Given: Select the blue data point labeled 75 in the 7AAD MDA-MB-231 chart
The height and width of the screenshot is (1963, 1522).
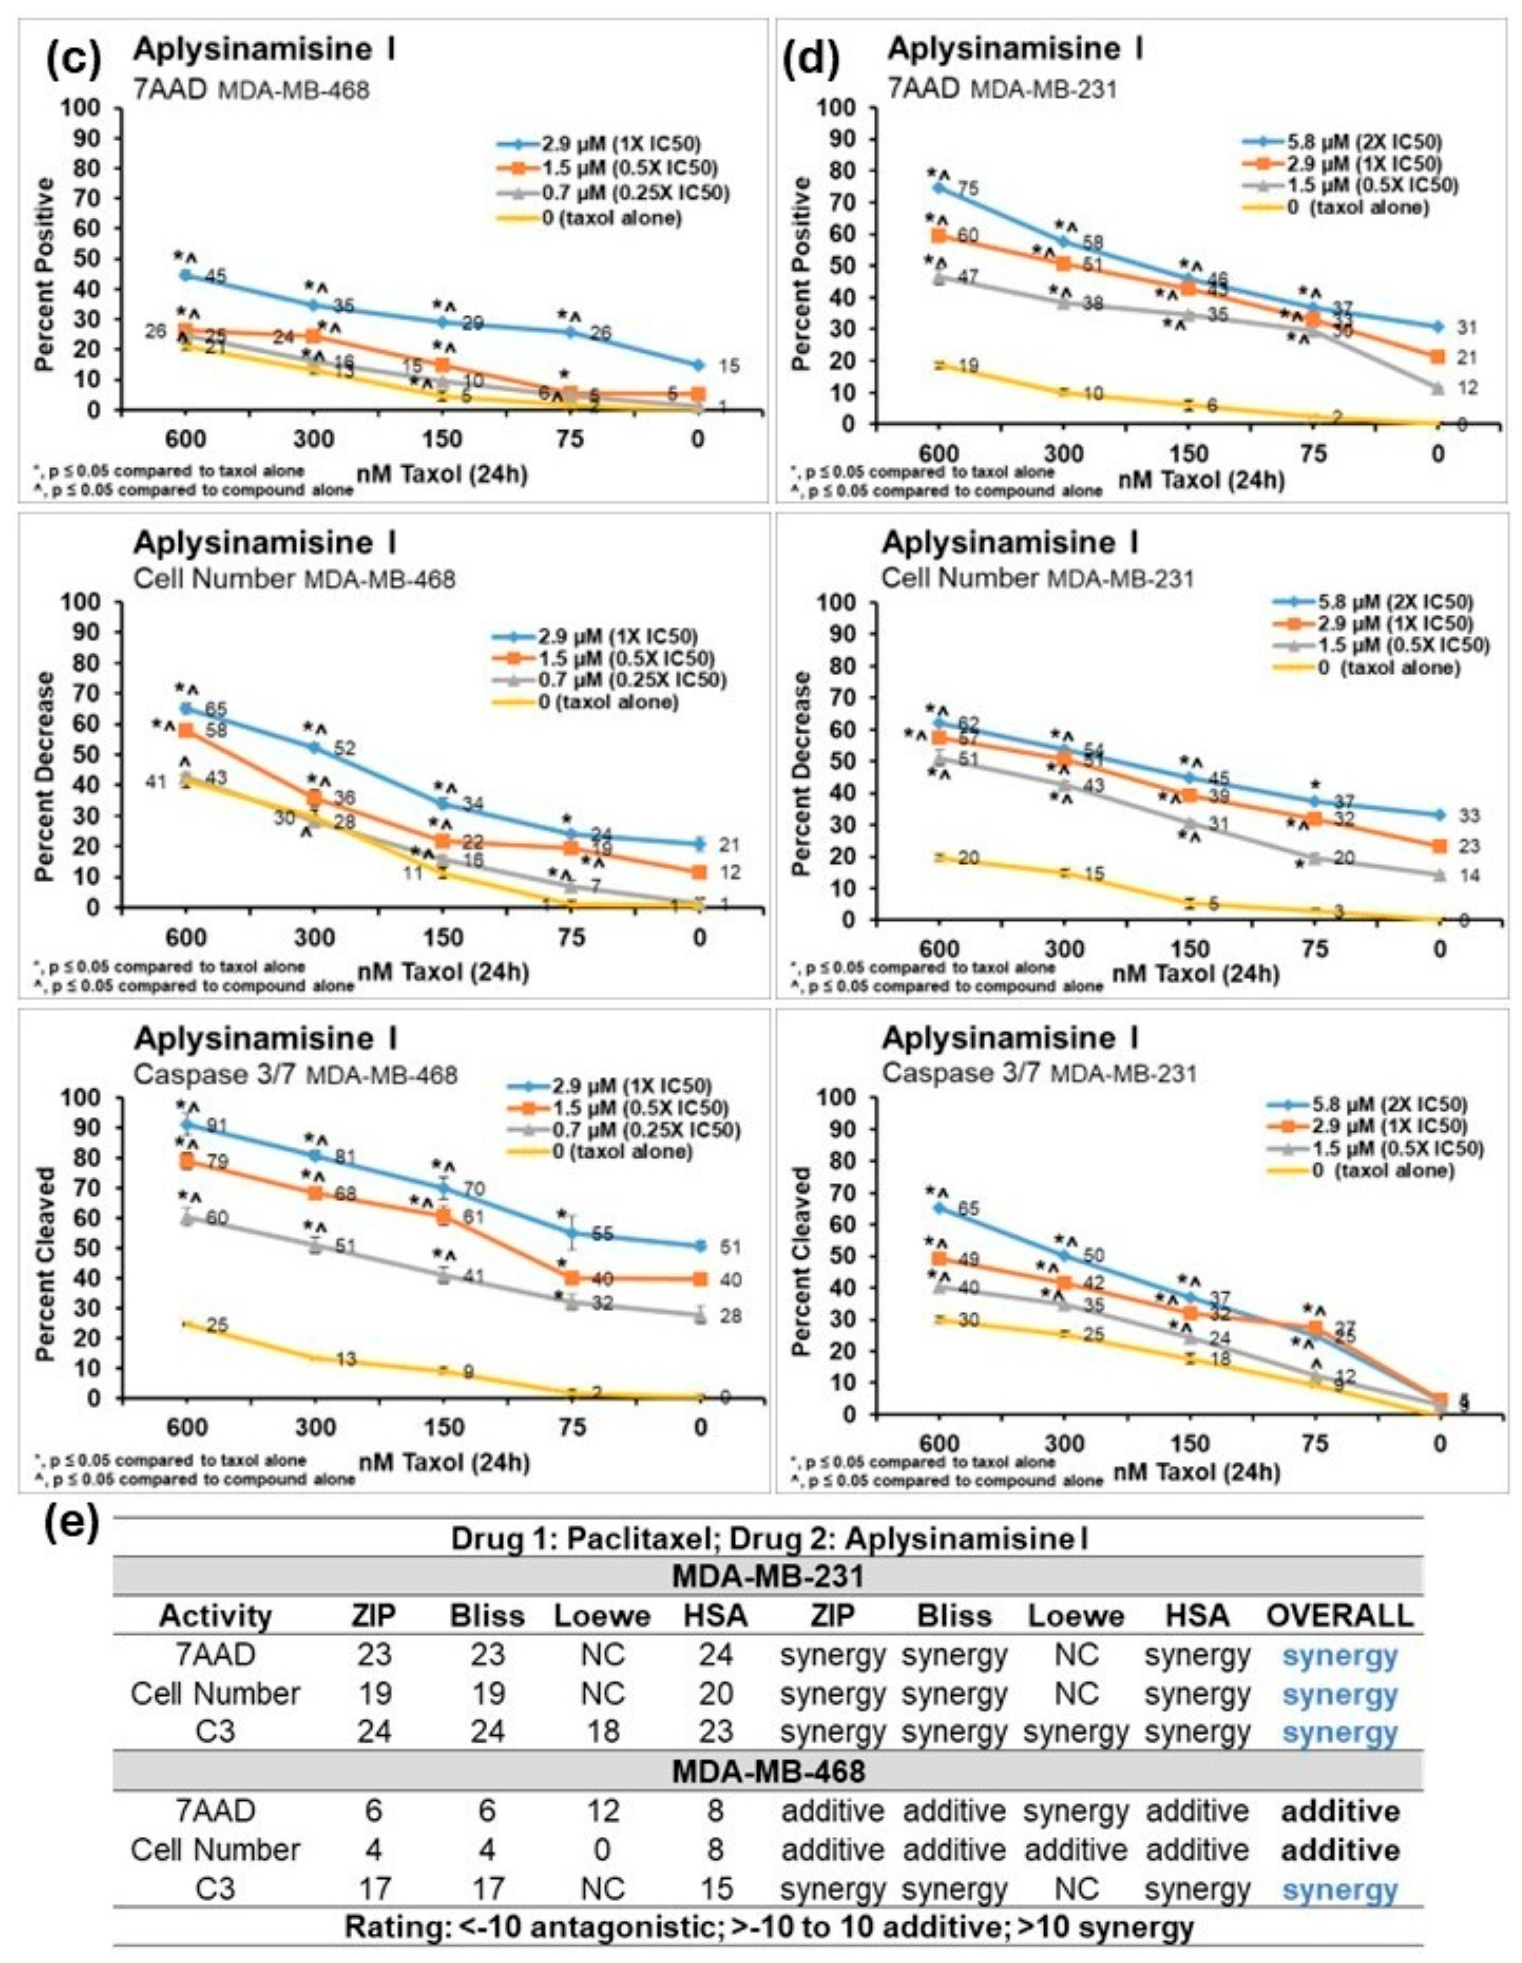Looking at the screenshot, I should pos(939,187).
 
